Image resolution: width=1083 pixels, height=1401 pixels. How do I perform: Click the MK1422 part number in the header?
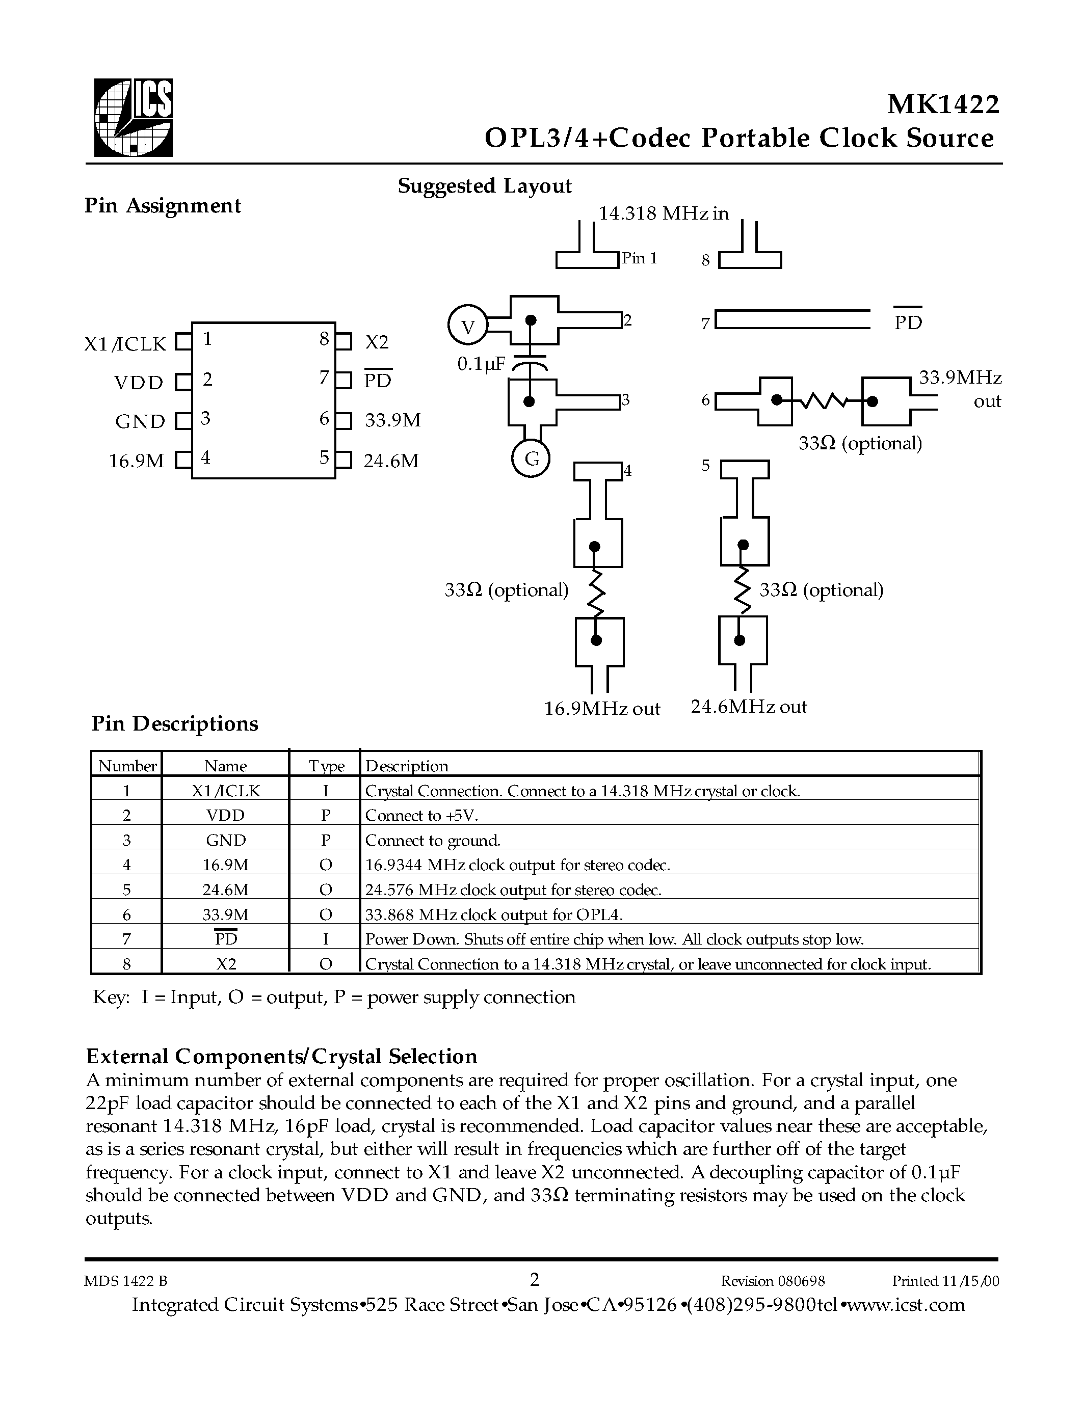pyautogui.click(x=942, y=104)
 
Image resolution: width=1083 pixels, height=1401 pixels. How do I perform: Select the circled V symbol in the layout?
pyautogui.click(x=468, y=327)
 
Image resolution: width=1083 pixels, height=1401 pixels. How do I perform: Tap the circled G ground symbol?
pyautogui.click(x=531, y=460)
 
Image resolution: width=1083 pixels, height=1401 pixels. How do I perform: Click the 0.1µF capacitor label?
pyautogui.click(x=481, y=364)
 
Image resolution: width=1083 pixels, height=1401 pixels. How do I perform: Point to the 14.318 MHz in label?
pyautogui.click(x=664, y=213)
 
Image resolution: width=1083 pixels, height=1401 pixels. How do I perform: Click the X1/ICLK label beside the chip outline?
pyautogui.click(x=125, y=344)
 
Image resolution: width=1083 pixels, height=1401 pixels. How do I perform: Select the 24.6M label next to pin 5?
pyautogui.click(x=391, y=461)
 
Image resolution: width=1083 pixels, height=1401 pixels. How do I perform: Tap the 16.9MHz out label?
pyautogui.click(x=602, y=708)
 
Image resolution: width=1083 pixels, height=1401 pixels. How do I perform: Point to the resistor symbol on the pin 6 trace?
pyautogui.click(x=825, y=401)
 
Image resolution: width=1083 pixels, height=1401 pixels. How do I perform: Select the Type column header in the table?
pyautogui.click(x=326, y=766)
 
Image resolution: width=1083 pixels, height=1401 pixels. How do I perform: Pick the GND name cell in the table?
pyautogui.click(x=225, y=840)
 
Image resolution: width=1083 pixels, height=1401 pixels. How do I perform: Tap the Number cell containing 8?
pyautogui.click(x=126, y=964)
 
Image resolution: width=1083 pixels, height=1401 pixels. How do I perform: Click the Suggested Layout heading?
pyautogui.click(x=484, y=186)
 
